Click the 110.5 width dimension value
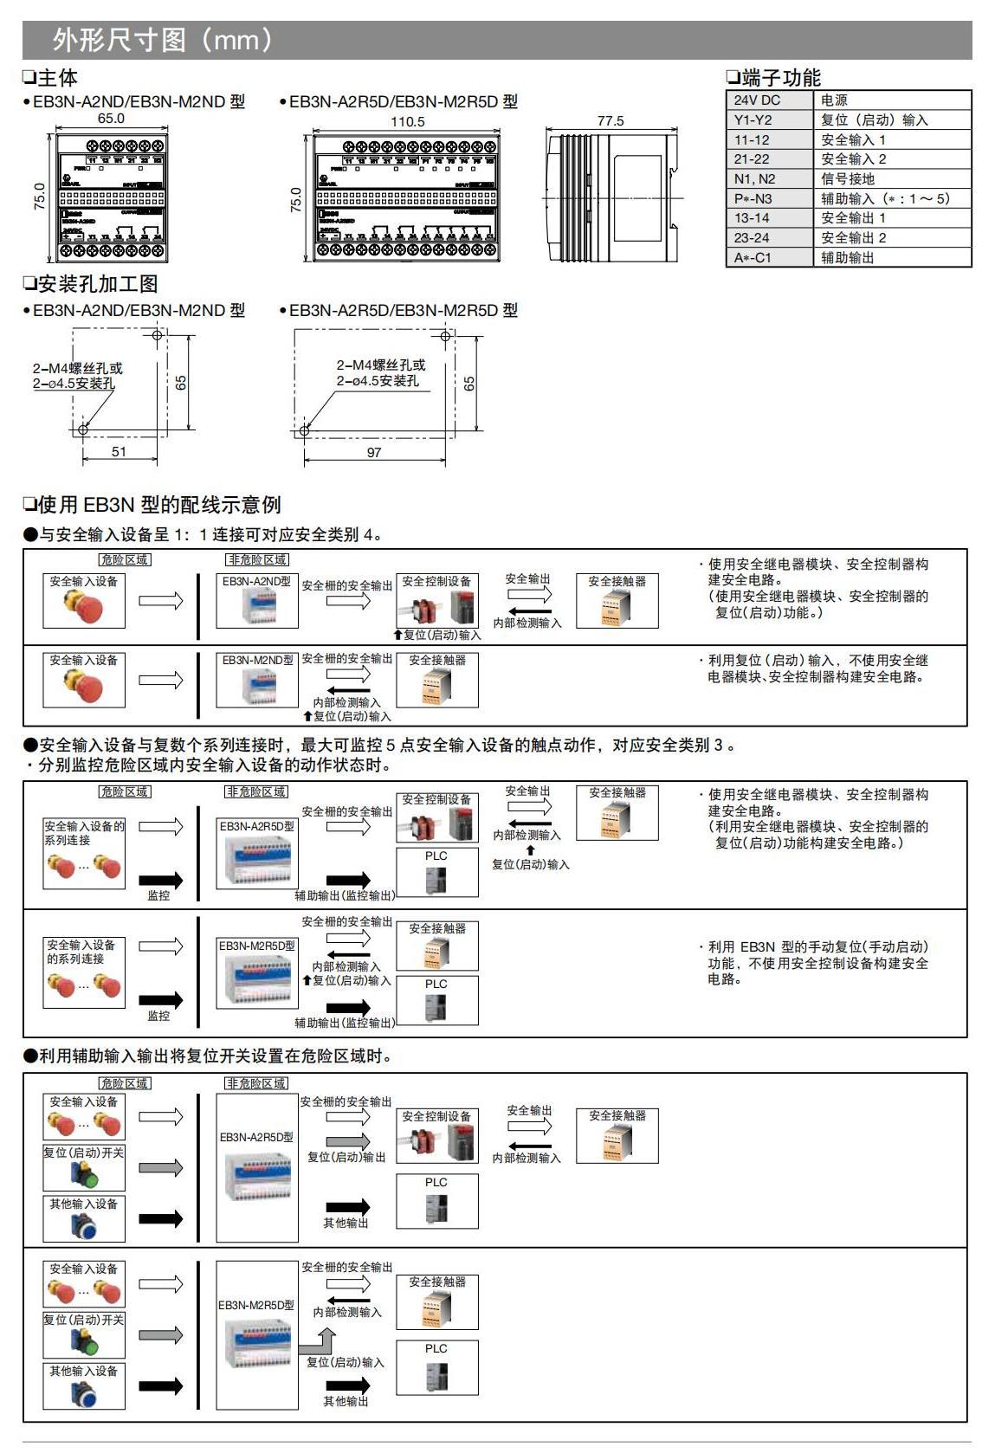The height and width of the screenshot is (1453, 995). [408, 122]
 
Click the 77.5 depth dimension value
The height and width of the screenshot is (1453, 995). [611, 121]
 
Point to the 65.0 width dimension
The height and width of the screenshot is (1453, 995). [111, 119]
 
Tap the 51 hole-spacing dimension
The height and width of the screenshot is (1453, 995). [119, 451]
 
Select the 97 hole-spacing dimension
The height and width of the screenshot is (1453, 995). [374, 452]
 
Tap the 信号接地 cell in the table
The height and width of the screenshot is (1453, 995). [848, 179]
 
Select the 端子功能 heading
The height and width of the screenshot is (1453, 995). [780, 78]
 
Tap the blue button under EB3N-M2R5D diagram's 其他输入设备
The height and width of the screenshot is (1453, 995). [85, 1394]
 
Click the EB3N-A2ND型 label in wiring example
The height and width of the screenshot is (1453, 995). [256, 581]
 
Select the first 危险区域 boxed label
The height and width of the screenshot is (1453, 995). [125, 560]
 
